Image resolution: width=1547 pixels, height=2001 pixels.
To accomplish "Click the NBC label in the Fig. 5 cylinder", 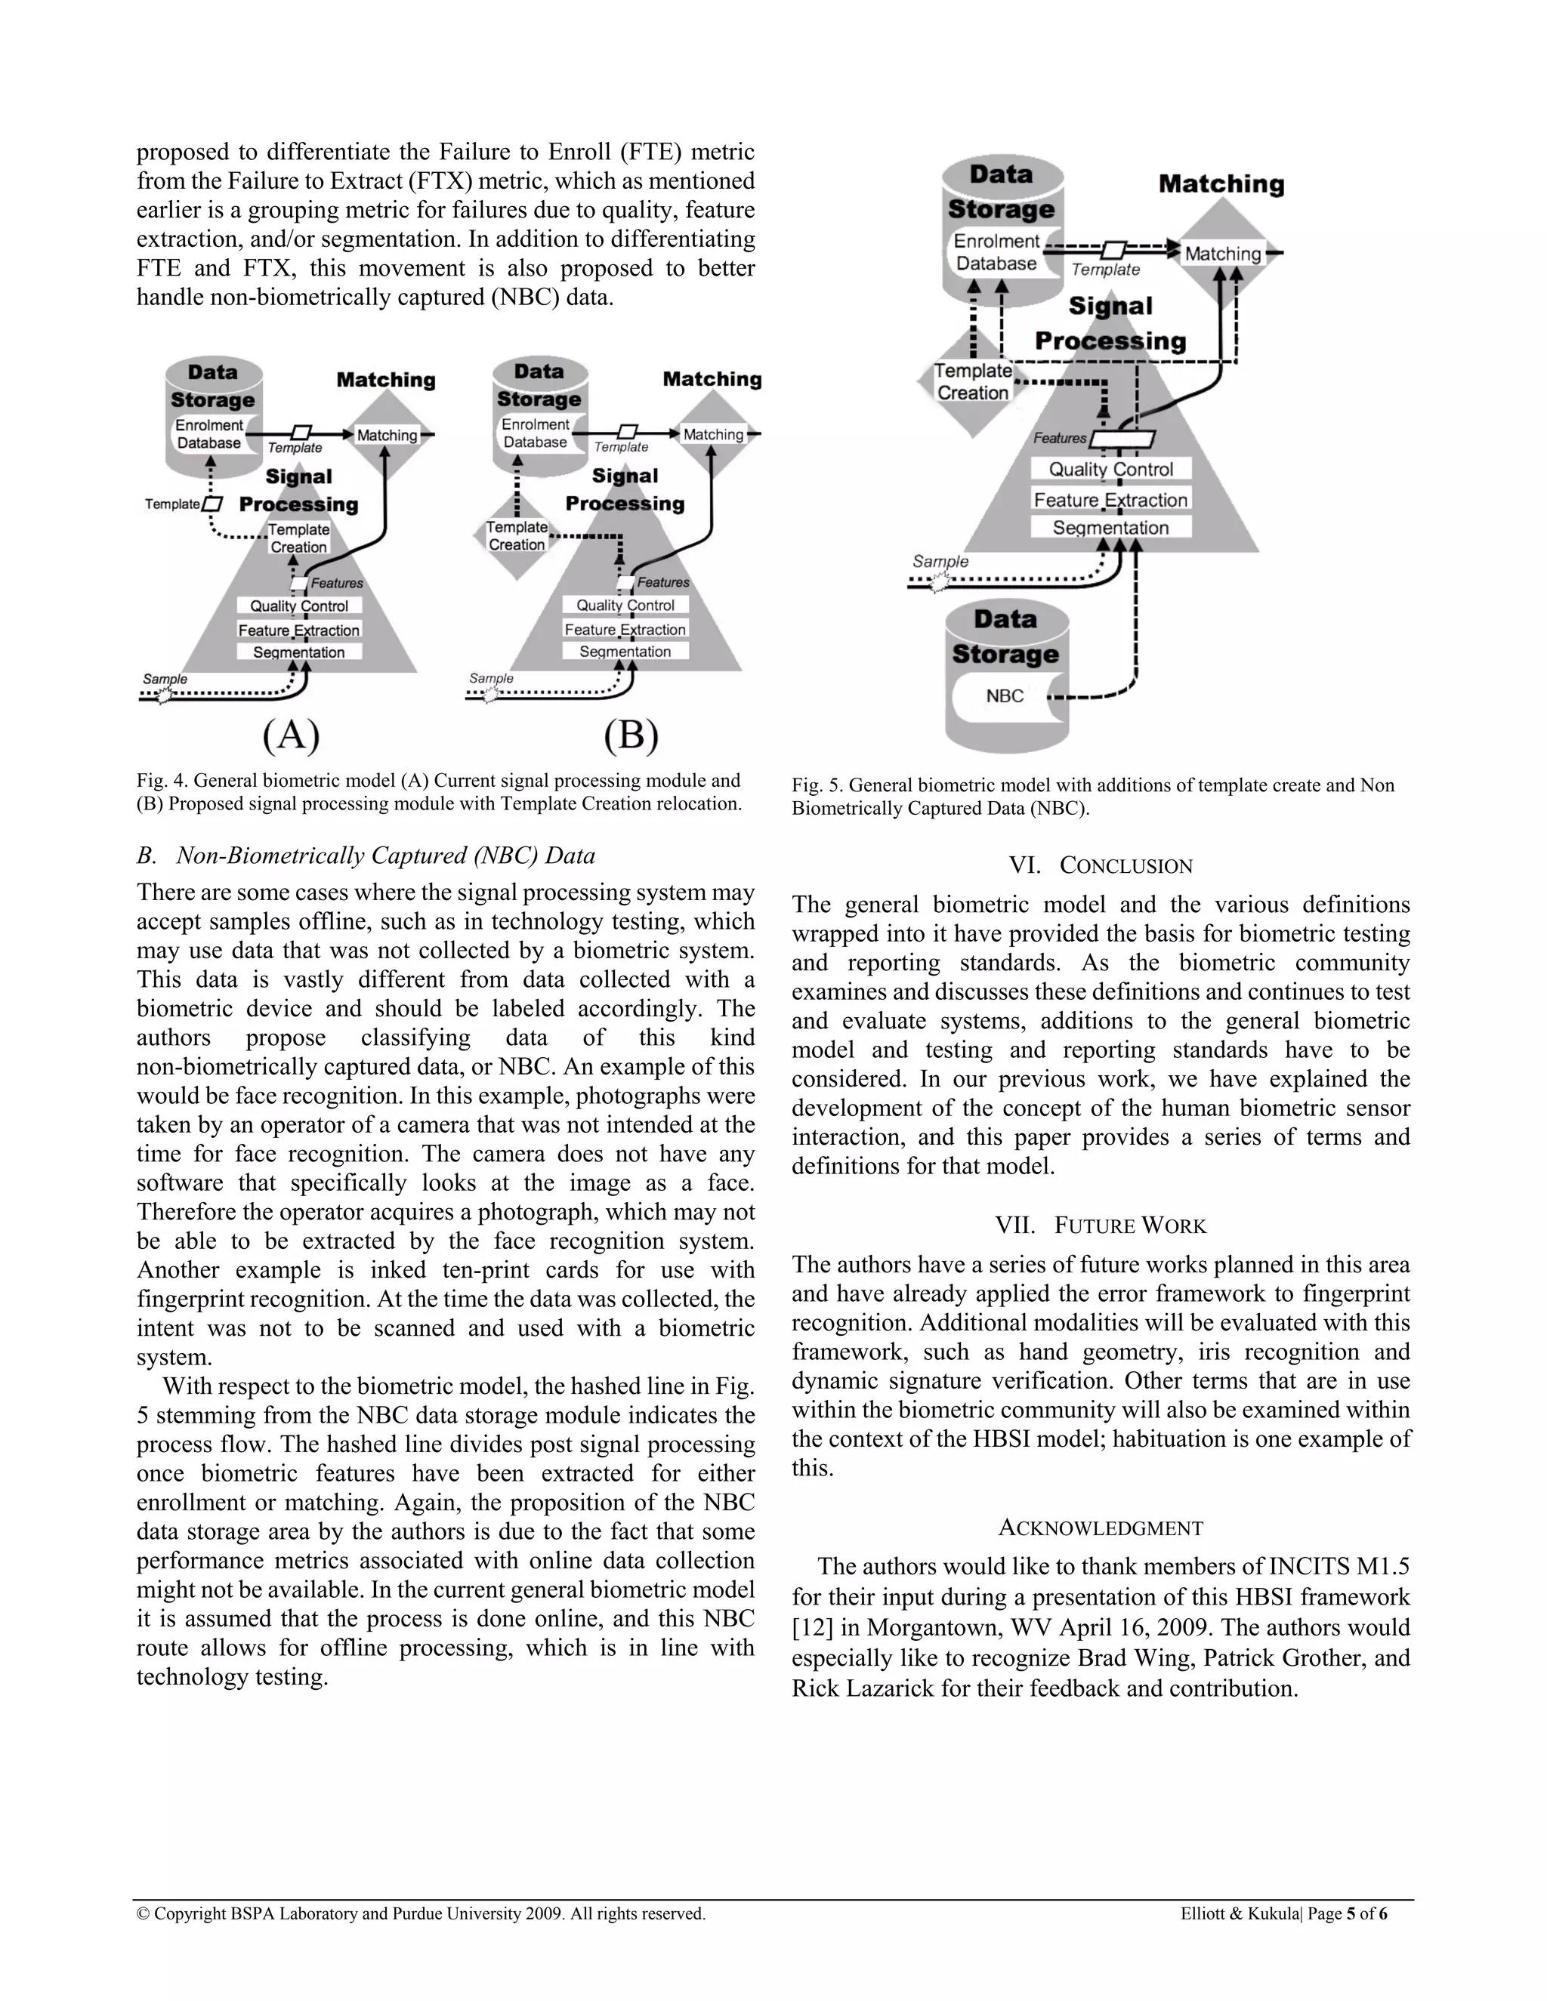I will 1005,696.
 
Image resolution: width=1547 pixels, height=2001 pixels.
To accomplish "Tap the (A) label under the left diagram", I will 292,735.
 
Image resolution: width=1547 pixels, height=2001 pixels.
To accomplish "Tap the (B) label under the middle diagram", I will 631,735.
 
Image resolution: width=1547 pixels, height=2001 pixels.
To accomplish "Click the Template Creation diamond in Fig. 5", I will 972,382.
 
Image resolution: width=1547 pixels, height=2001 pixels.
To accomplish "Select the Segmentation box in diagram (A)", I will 299,652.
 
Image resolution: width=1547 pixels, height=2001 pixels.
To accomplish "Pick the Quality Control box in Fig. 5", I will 1110,469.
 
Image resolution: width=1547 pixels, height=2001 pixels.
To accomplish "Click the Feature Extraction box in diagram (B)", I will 625,630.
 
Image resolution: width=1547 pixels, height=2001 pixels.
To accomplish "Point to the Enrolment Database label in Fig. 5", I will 996,252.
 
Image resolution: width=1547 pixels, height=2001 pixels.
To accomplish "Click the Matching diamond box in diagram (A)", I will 387,435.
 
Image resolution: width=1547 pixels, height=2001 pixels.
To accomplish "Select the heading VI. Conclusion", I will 1101,866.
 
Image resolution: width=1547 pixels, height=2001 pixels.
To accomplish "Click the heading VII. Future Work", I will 1101,1226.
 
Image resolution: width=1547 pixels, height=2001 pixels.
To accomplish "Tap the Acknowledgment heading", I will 1101,1528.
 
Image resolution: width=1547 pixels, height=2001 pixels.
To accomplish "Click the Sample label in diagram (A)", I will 165,679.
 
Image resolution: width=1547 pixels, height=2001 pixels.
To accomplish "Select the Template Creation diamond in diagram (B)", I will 517,536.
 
